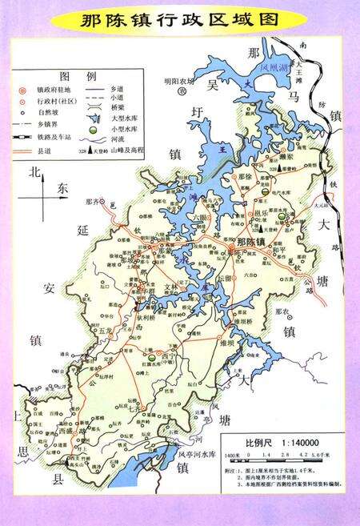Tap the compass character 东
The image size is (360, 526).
point(64,188)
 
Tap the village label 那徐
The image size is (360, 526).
point(244,177)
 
